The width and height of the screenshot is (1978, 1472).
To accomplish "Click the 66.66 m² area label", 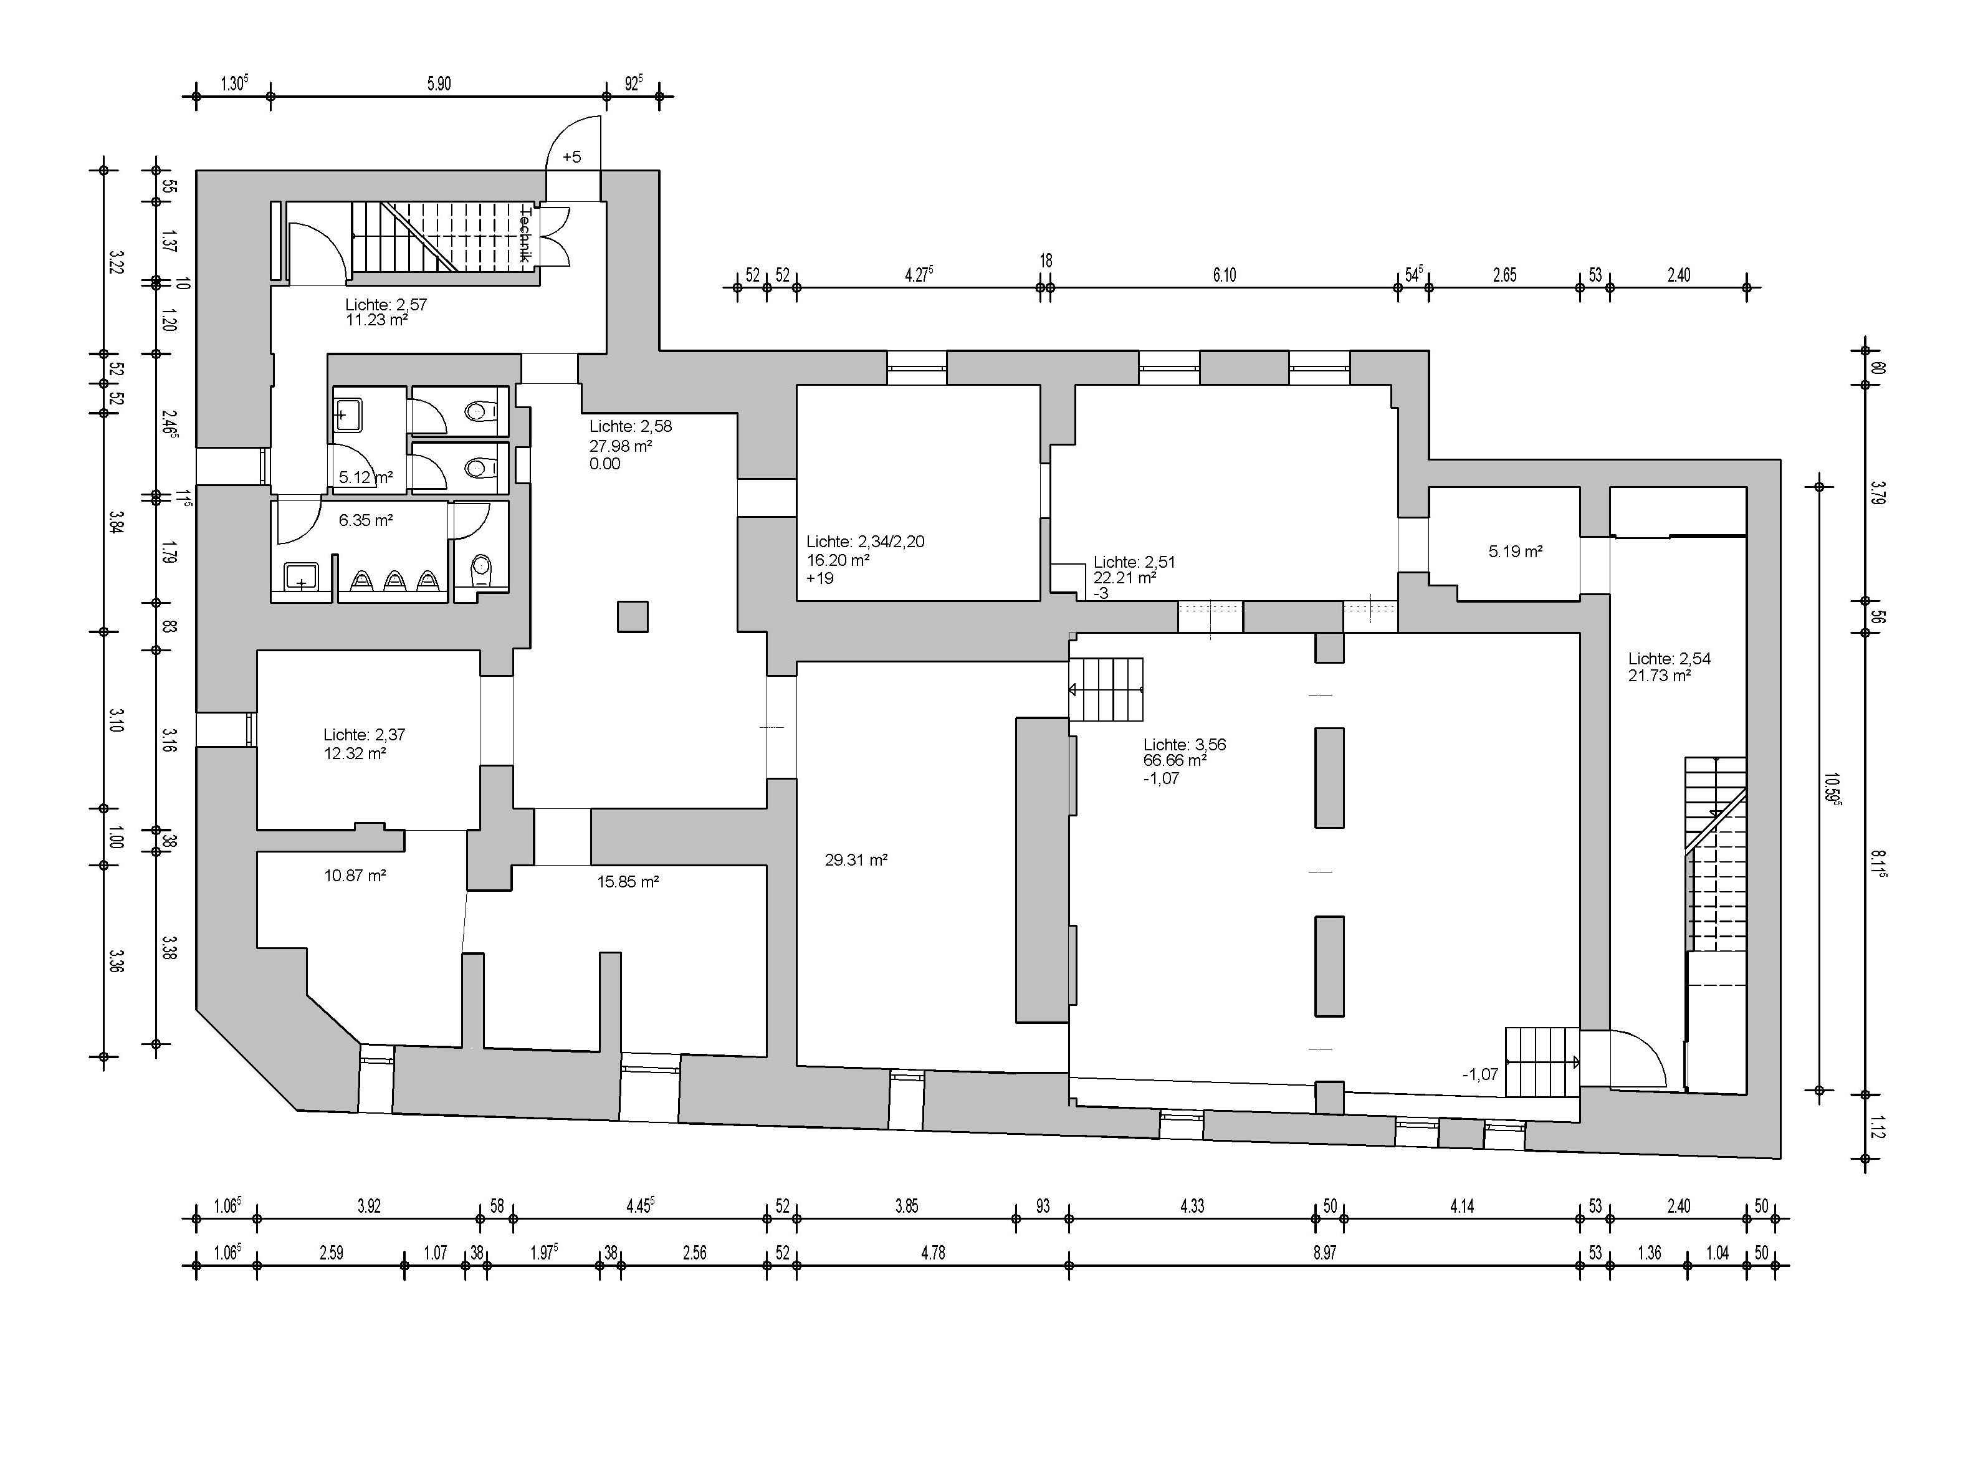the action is tap(1175, 761).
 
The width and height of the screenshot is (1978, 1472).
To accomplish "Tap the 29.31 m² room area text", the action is tap(856, 861).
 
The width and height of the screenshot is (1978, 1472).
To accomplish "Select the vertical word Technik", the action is tap(526, 234).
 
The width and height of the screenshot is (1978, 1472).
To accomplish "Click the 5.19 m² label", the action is tap(1515, 552).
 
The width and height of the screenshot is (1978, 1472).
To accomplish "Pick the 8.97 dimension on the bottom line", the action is tap(1324, 1253).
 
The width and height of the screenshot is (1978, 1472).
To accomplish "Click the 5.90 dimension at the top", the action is tap(438, 84).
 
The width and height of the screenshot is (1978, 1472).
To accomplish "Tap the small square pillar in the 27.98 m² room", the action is tap(633, 616).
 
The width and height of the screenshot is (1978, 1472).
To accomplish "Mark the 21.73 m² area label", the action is tap(1659, 676).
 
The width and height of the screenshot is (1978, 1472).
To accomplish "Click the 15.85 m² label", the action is tap(628, 882).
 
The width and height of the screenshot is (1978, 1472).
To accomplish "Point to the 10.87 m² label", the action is tap(355, 876).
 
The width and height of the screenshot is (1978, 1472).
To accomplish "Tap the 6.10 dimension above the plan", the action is tap(1224, 275).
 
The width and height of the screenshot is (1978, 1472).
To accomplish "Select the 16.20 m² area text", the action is tap(838, 560).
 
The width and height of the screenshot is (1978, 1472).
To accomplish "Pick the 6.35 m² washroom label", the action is tap(365, 520).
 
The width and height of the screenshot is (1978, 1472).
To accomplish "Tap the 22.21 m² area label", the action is tap(1124, 577).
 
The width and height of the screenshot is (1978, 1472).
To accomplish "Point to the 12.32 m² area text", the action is tap(355, 754).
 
